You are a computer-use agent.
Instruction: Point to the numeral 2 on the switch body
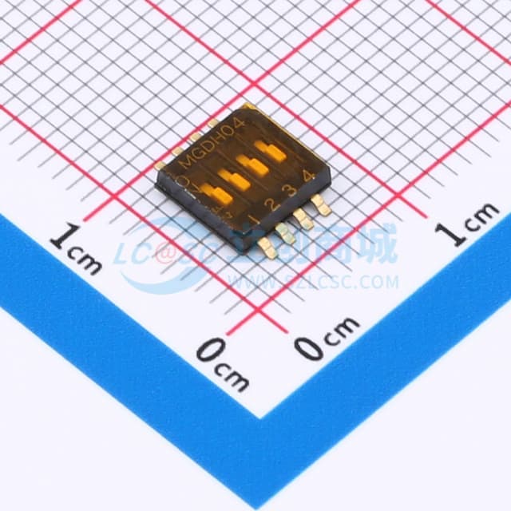click(x=272, y=205)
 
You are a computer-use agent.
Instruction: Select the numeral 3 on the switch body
click(x=291, y=191)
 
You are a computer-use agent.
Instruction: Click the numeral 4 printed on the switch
click(x=307, y=176)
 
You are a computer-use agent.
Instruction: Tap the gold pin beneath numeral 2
click(x=283, y=231)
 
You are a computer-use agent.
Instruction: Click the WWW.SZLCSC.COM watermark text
click(x=315, y=281)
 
